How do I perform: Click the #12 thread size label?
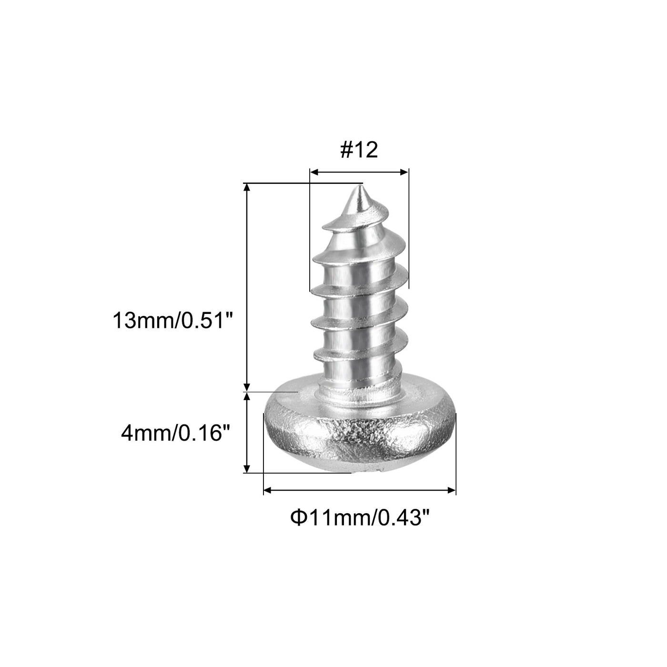pos(359,151)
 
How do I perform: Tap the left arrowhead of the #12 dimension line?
pos(313,172)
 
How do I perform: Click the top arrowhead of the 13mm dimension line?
pos(247,187)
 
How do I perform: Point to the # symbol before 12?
pos(346,151)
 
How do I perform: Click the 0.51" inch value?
pos(207,320)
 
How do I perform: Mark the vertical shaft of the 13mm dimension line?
pos(247,286)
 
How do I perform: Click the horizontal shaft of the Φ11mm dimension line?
pos(360,490)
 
